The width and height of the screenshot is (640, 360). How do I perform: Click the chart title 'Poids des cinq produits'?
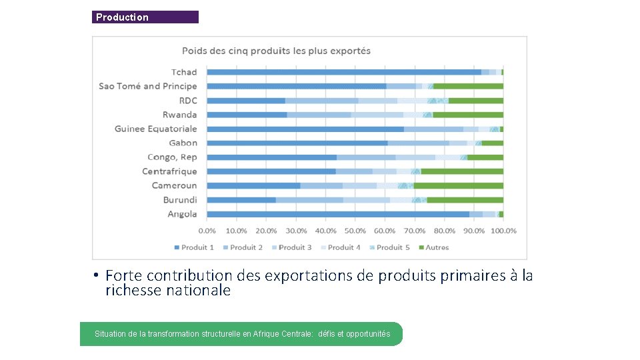point(276,51)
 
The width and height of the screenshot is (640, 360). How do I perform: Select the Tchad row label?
point(184,72)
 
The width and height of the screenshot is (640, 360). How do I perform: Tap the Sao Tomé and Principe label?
point(148,86)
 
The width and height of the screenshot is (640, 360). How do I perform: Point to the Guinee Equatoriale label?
point(156,129)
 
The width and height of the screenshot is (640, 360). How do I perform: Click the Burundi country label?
point(180,200)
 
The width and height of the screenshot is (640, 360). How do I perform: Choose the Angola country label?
point(182,214)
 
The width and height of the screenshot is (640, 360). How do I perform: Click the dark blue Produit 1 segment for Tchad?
point(343,72)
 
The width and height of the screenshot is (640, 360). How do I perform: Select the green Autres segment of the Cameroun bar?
point(459,185)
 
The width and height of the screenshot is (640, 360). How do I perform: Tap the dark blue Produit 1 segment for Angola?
point(338,214)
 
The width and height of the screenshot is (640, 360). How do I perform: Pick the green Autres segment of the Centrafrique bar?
point(462,171)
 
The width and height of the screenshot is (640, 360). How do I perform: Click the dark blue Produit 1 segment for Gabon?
point(297,143)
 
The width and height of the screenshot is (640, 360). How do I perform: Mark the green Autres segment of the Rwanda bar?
point(468,115)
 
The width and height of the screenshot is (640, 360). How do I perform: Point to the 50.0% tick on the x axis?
point(355,231)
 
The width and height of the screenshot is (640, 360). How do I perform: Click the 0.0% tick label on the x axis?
point(207,231)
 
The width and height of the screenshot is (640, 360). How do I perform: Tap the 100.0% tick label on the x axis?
point(503,231)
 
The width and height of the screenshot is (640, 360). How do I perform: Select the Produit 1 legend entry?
point(194,247)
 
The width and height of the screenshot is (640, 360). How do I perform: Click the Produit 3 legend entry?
point(291,247)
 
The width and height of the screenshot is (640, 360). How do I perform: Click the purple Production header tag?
point(145,17)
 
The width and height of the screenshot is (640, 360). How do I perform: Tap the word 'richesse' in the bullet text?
point(132,291)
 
